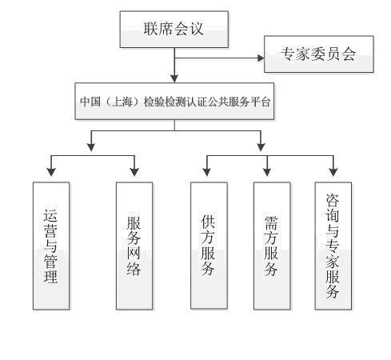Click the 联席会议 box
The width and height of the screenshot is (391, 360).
pyautogui.click(x=174, y=30)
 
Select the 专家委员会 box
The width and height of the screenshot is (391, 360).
pyautogui.click(x=319, y=54)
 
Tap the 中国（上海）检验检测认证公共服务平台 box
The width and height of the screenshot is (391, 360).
pyautogui.click(x=174, y=101)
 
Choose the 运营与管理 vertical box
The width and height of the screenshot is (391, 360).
pyautogui.click(x=51, y=246)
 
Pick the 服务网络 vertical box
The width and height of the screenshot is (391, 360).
pyautogui.click(x=134, y=246)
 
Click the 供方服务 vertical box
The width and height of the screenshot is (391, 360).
pyautogui.click(x=209, y=246)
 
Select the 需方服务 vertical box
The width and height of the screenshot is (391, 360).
pyautogui.click(x=272, y=246)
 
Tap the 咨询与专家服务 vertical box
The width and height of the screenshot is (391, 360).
pyautogui.click(x=333, y=246)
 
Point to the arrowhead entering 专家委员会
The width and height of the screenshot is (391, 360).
pyautogui.click(x=261, y=58)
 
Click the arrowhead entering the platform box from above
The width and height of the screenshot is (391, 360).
pyautogui.click(x=174, y=79)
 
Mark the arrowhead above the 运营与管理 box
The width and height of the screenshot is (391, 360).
pyautogui.click(x=51, y=172)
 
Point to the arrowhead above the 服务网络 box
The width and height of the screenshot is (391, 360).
pyautogui.click(x=134, y=172)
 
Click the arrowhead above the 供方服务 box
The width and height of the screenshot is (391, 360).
pyautogui.click(x=207, y=172)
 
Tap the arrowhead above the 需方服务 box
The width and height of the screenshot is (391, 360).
pyautogui.click(x=267, y=172)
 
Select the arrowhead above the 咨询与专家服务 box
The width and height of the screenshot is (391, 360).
pyautogui.click(x=333, y=172)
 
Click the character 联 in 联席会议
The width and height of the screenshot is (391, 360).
pyautogui.click(x=151, y=29)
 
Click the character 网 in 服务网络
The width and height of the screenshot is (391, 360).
pyautogui.click(x=134, y=253)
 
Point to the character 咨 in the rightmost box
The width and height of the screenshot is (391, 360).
pyautogui.click(x=333, y=200)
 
